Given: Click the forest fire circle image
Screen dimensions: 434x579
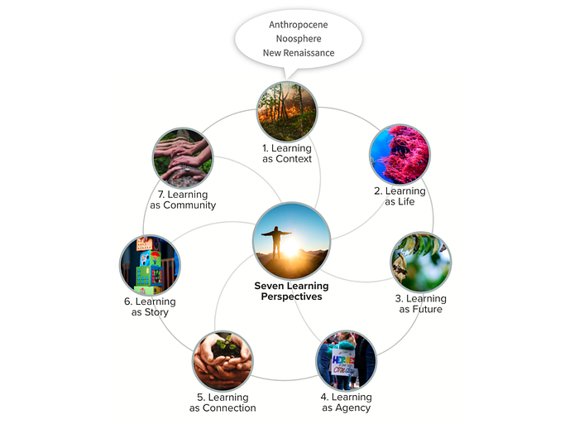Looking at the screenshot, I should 287,112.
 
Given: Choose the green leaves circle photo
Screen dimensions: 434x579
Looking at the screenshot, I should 420,262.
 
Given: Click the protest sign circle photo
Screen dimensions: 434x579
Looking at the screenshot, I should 346,359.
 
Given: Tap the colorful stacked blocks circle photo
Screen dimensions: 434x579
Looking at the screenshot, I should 150,265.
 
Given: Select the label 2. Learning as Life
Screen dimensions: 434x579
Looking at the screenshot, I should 405,196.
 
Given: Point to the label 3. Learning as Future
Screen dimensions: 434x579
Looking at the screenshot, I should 421,304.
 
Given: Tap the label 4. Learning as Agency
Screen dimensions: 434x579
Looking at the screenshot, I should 346,403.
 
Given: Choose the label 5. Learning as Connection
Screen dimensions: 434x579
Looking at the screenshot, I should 223,403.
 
